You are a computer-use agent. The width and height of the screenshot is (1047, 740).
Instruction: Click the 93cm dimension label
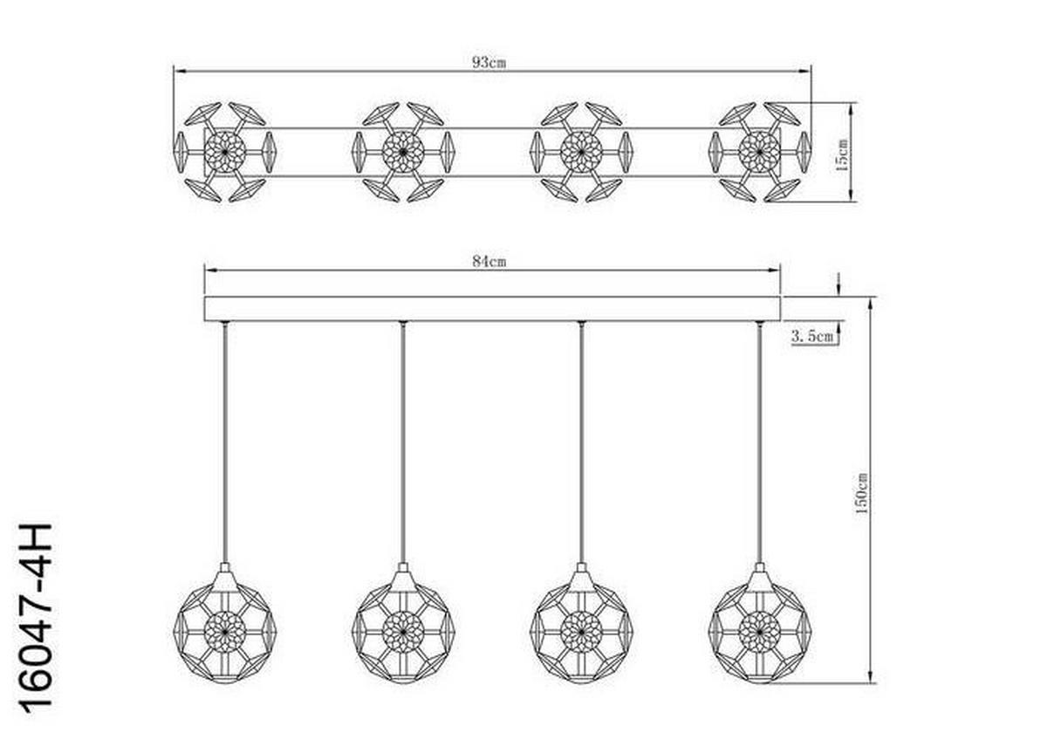point(489,62)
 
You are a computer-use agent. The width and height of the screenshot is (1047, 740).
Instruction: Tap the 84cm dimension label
point(489,261)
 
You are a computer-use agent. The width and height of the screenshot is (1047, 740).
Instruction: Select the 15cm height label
point(842,154)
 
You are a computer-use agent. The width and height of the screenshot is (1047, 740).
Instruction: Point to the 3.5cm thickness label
point(812,334)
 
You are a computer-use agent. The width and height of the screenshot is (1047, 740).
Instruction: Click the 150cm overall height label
point(863,494)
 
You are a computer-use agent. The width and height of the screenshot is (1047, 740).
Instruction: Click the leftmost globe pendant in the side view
point(225,626)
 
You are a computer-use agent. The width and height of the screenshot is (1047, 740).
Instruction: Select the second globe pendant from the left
point(403,626)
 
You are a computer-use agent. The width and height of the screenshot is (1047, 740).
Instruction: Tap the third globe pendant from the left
point(581,626)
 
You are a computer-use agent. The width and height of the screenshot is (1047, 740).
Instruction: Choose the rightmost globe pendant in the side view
point(759,626)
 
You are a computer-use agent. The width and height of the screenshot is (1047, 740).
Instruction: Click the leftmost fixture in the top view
point(225,152)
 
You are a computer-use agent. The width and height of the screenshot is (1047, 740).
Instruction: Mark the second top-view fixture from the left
point(403,152)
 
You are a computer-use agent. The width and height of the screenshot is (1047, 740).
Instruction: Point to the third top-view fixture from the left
point(581,152)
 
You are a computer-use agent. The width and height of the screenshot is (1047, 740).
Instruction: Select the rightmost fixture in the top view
point(759,152)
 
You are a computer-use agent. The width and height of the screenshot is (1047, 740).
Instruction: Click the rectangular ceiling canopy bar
point(492,309)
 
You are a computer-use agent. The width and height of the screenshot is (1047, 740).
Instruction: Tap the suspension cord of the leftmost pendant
point(225,436)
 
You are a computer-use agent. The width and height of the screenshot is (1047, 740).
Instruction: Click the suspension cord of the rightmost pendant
point(759,436)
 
